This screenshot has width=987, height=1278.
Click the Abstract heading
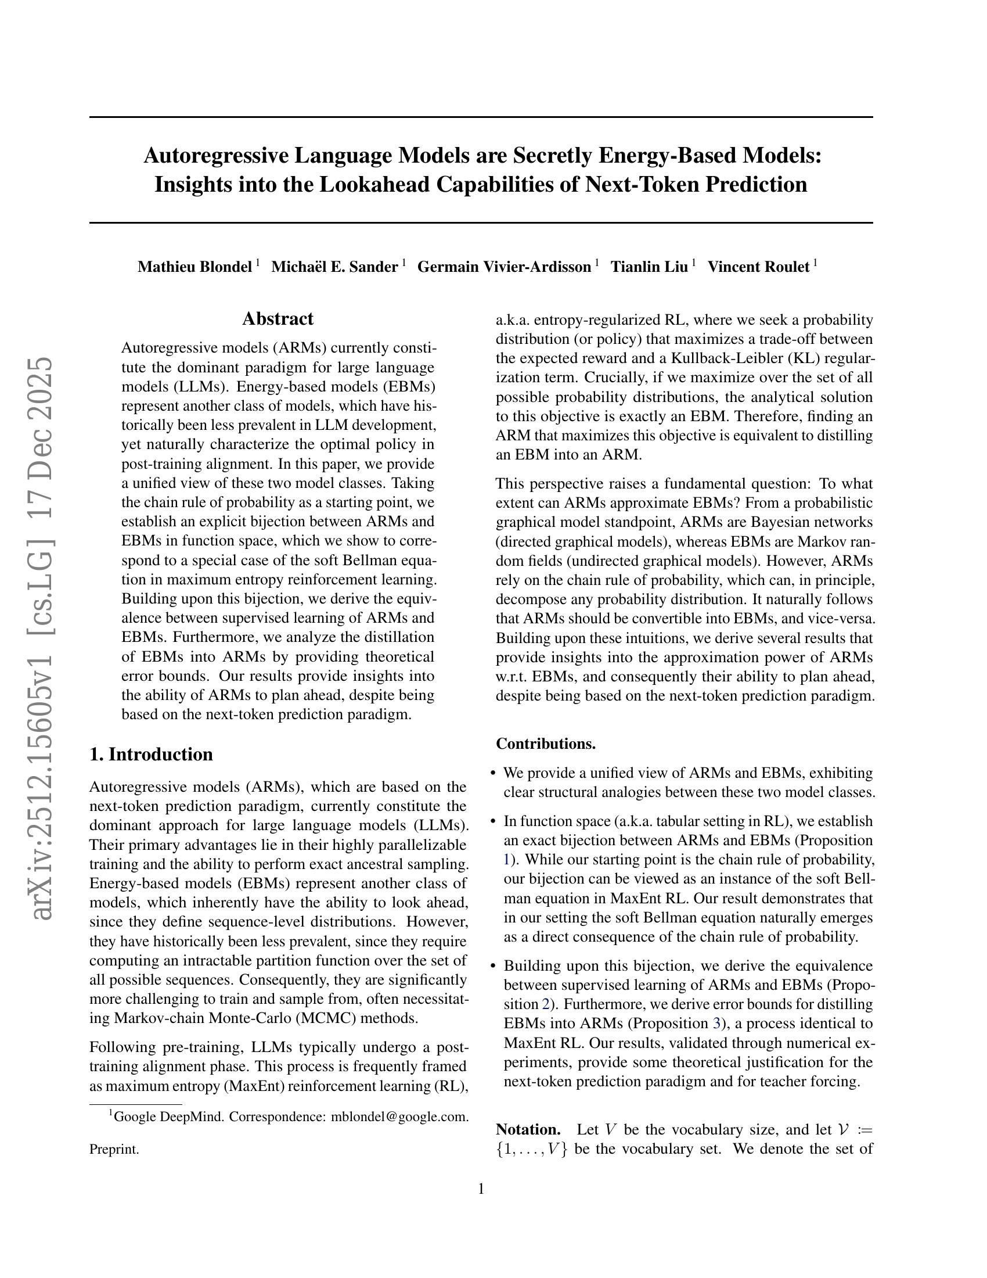point(278,319)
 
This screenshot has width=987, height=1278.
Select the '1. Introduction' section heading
point(151,754)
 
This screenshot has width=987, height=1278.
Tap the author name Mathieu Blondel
point(194,267)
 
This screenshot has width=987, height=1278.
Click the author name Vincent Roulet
point(758,267)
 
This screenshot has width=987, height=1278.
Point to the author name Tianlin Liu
point(649,267)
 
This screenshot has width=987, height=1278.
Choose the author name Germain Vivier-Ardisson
point(504,267)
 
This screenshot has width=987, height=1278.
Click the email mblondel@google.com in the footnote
point(399,1117)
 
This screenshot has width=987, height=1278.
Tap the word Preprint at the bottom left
point(114,1149)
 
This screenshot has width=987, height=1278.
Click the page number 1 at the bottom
point(481,1189)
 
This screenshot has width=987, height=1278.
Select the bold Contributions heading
point(546,744)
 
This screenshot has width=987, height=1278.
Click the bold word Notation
point(528,1129)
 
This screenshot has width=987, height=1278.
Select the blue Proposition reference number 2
point(546,1004)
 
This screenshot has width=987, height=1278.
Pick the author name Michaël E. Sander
point(334,267)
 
